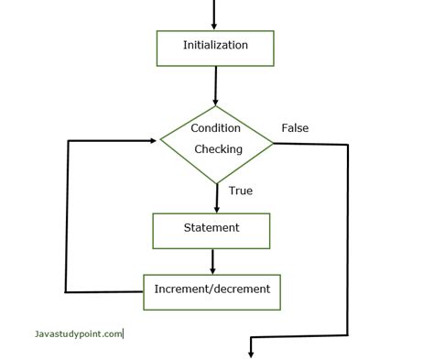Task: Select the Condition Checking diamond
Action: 216,140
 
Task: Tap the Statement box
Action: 212,230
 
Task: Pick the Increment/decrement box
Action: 212,290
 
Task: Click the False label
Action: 295,127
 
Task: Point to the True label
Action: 240,191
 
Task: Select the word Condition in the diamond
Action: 216,128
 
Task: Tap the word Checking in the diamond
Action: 218,149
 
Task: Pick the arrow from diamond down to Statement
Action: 217,197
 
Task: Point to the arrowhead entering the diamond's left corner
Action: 154,141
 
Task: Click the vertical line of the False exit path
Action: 348,238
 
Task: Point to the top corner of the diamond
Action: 216,103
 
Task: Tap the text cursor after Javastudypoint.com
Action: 124,334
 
